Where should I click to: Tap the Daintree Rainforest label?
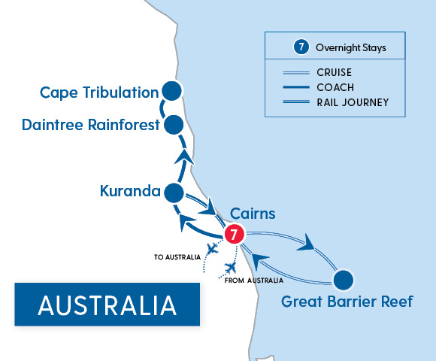(92, 125)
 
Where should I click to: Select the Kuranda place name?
(130, 192)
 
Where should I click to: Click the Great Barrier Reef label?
(347, 302)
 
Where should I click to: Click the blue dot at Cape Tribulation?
(172, 92)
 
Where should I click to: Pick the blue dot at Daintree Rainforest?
(174, 124)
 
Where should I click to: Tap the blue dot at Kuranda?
(174, 193)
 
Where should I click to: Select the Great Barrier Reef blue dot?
(344, 280)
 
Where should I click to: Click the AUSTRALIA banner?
(107, 305)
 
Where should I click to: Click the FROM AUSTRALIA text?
(254, 281)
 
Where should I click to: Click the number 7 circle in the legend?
(300, 47)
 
